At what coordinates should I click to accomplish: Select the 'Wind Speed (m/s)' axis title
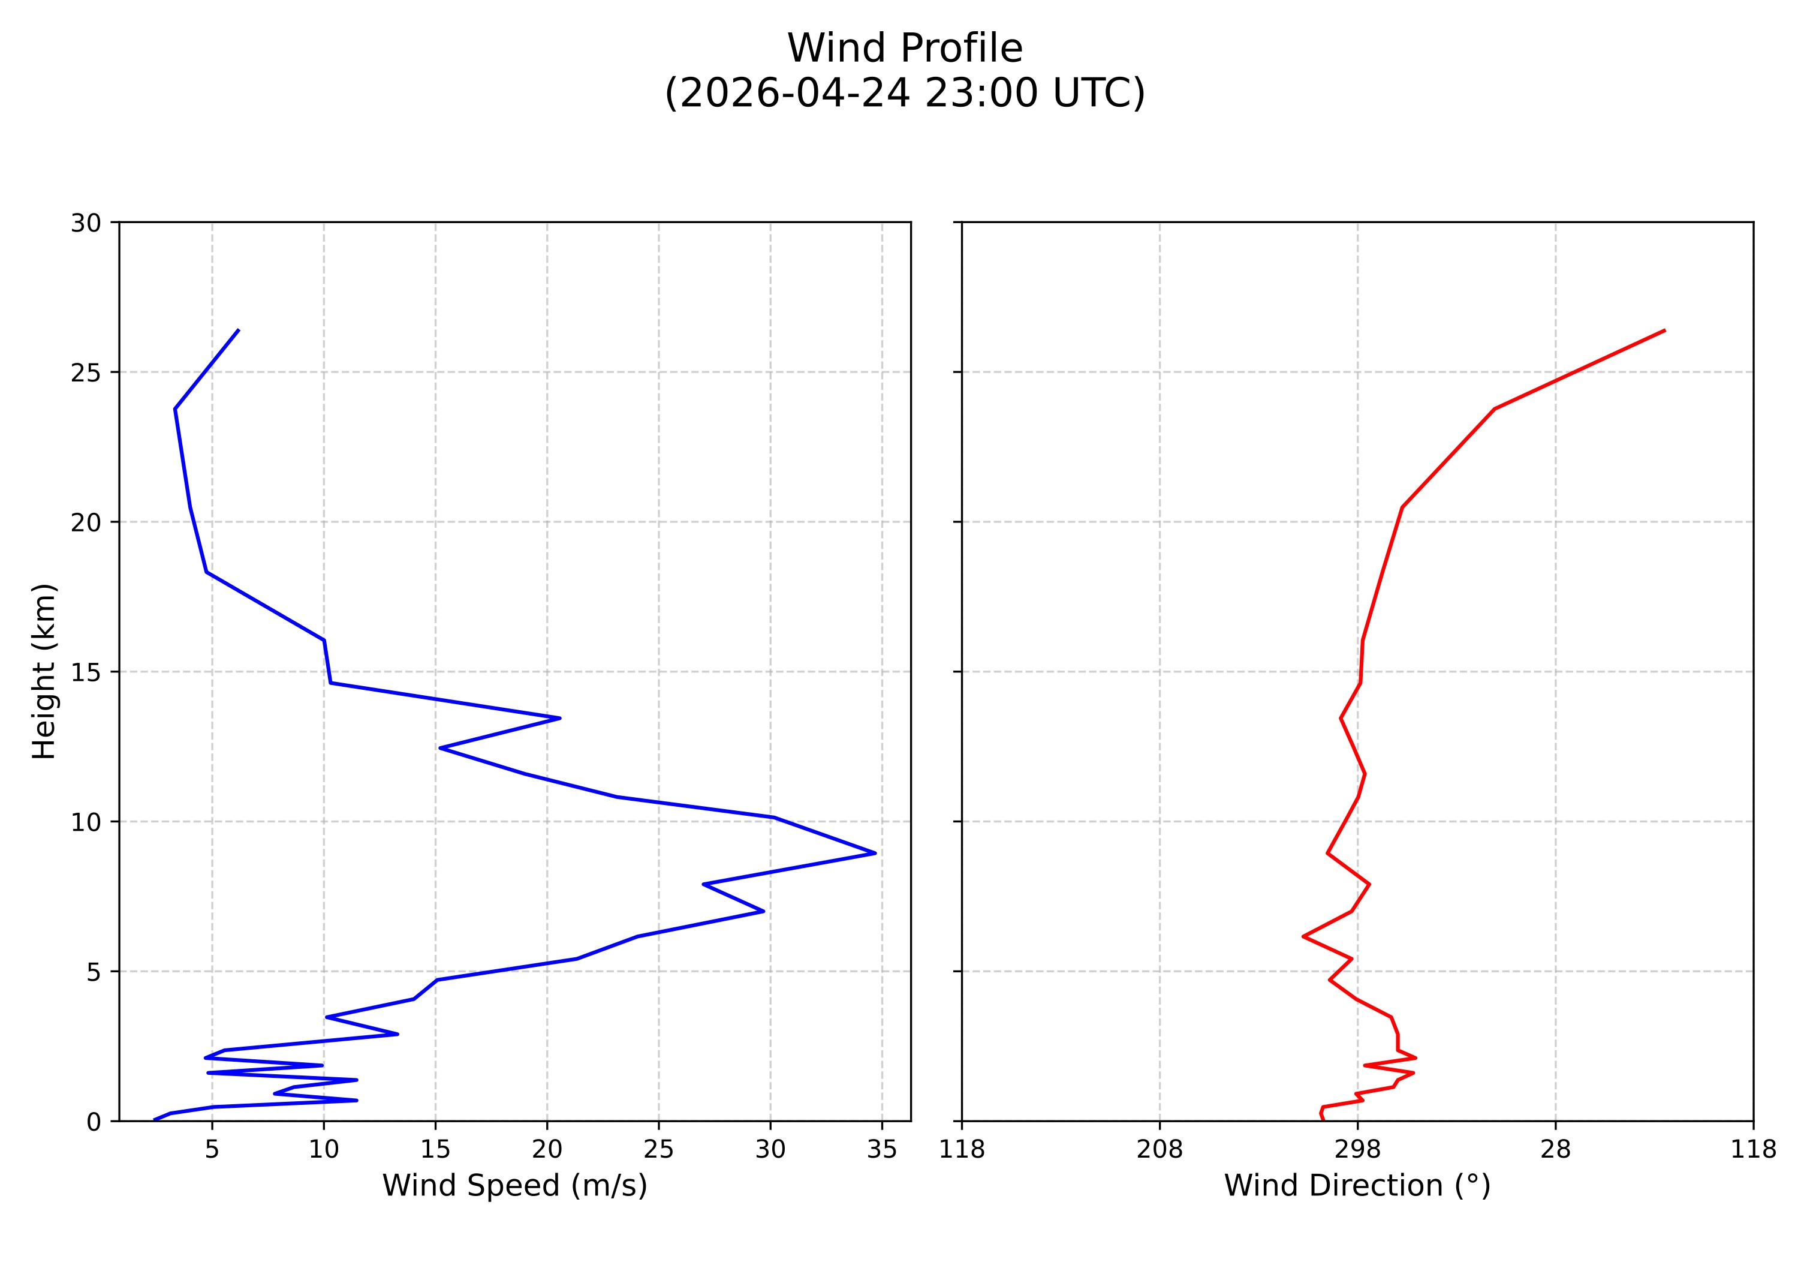coord(515,1185)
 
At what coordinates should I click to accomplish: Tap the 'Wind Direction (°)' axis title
coord(1357,1185)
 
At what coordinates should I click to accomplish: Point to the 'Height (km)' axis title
coord(44,671)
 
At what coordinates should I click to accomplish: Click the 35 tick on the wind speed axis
coord(881,1150)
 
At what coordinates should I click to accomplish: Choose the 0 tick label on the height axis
coord(94,1121)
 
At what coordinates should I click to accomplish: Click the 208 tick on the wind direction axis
coord(1159,1150)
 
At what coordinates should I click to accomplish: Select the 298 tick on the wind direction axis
coord(1357,1150)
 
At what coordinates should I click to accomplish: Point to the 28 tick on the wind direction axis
coord(1555,1150)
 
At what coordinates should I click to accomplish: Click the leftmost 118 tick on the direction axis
coord(962,1150)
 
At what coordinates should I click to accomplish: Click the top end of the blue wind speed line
coord(238,330)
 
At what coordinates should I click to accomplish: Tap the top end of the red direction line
coord(1664,330)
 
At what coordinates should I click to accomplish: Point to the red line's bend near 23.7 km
coord(1494,409)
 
